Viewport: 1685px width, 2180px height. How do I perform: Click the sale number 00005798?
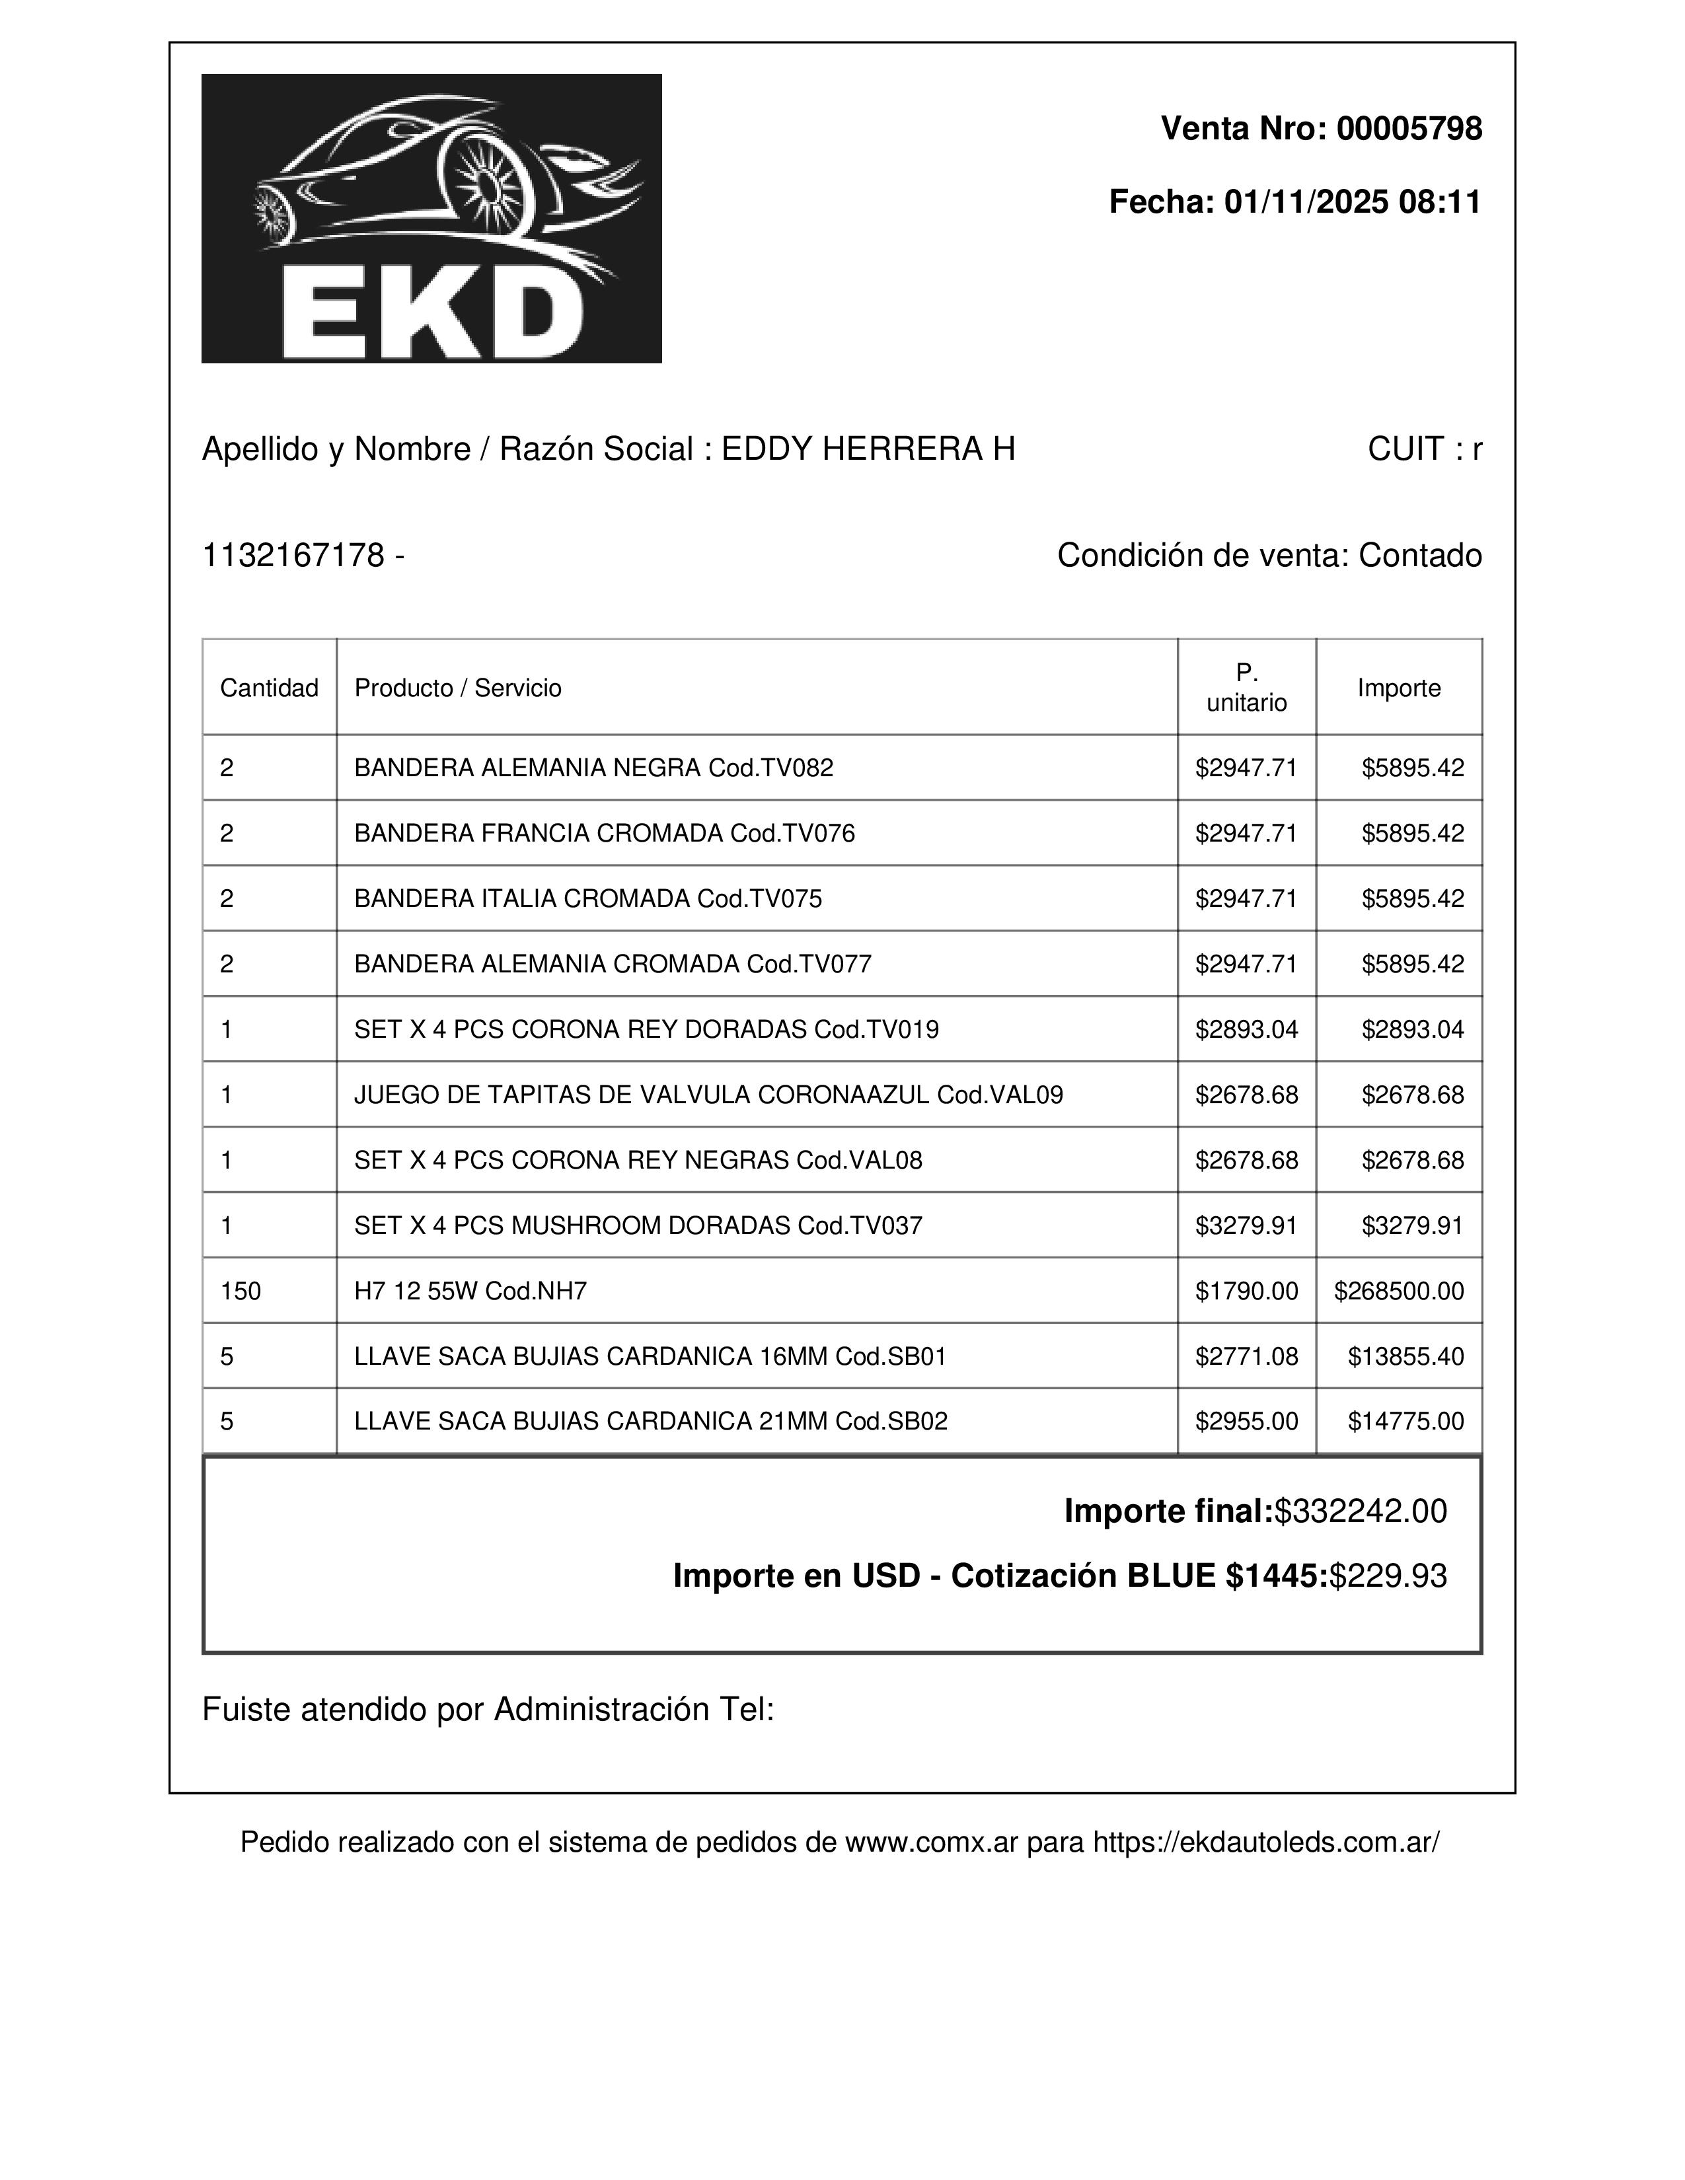click(1409, 129)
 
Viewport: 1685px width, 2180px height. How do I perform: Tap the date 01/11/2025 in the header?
click(1304, 201)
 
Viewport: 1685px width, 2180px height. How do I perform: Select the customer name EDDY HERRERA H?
click(868, 449)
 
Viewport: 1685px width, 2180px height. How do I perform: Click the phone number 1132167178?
click(293, 555)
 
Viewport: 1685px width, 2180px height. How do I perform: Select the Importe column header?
click(1398, 688)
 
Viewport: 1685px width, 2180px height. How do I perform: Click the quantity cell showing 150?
click(241, 1291)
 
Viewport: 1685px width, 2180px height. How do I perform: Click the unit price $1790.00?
click(1247, 1291)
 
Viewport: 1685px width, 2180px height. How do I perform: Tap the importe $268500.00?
click(1398, 1291)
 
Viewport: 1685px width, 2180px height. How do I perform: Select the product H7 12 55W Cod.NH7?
click(470, 1291)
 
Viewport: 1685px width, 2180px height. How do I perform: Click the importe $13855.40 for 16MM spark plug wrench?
click(1405, 1356)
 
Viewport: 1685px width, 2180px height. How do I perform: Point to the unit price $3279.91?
click(1247, 1225)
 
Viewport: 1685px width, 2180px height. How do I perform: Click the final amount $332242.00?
click(1361, 1511)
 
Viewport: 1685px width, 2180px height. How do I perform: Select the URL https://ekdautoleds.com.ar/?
click(1266, 1842)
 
